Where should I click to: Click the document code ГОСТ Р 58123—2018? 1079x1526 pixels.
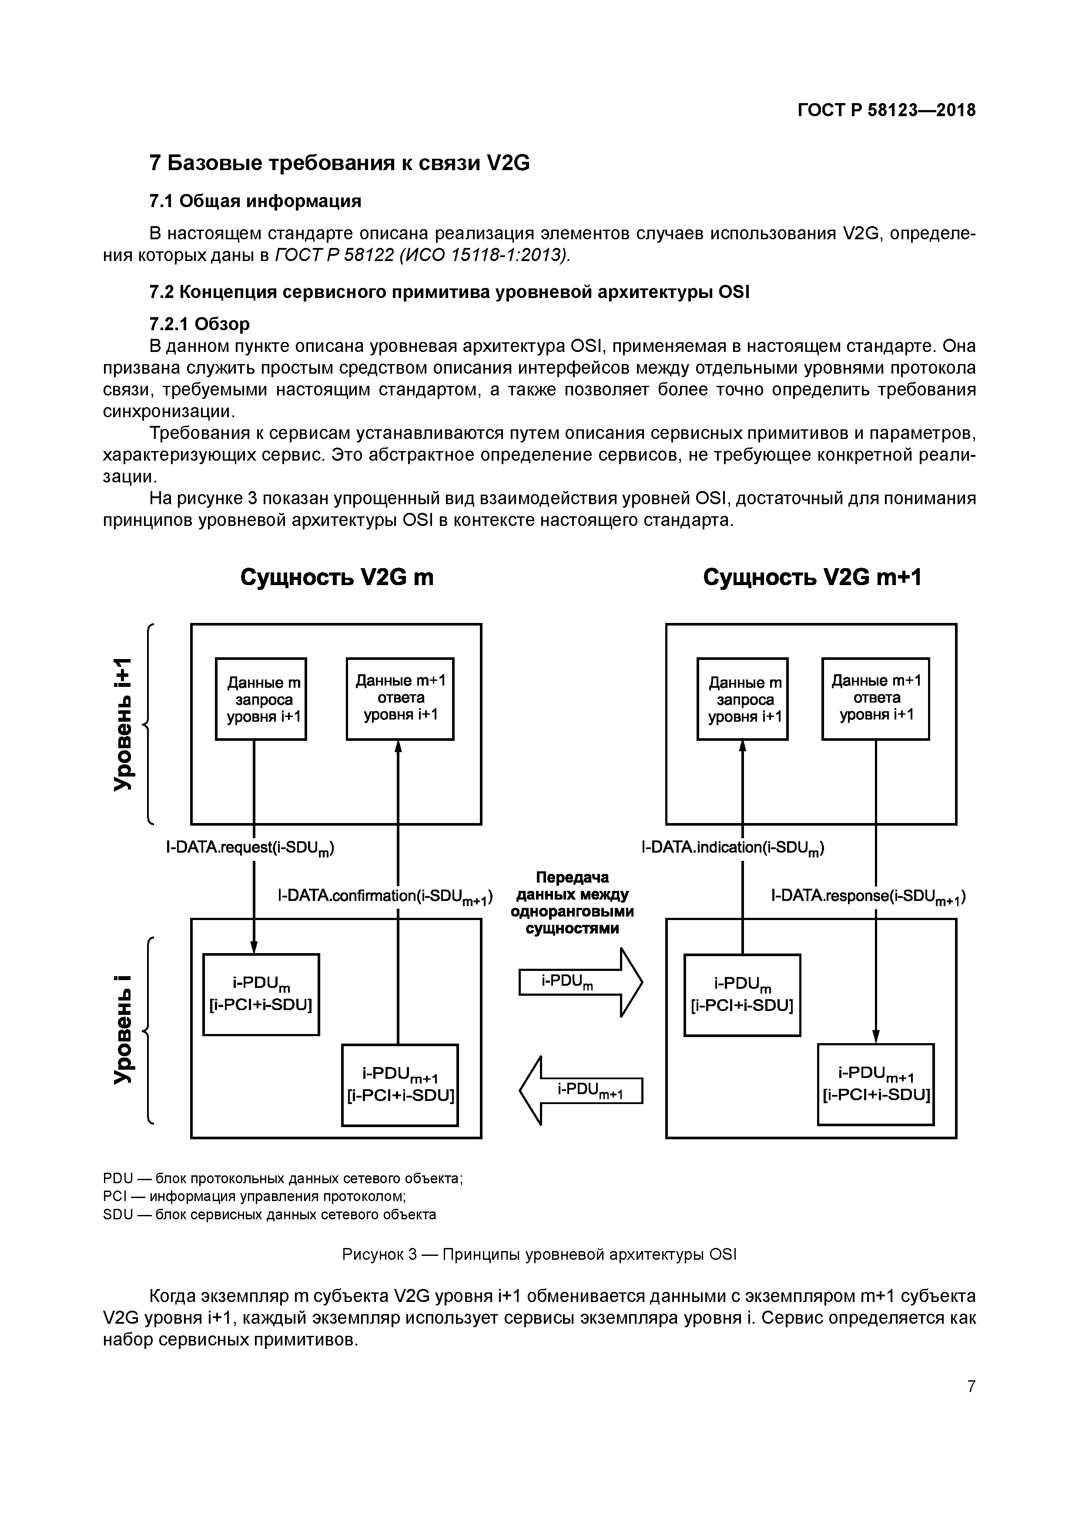(886, 110)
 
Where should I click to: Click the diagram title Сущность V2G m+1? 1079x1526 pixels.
(812, 578)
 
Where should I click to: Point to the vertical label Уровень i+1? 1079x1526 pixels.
(123, 724)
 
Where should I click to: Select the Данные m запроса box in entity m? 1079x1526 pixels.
(261, 699)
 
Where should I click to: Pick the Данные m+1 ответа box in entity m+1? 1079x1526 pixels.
(875, 699)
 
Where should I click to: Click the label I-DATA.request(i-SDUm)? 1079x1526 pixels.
(250, 848)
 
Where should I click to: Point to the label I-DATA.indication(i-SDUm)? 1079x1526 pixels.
(732, 848)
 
